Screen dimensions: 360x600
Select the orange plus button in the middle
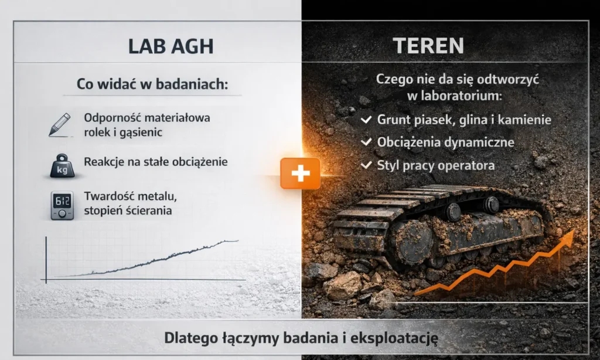point(300,173)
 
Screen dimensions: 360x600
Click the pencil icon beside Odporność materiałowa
point(60,124)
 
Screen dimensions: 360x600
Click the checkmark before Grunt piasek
point(366,120)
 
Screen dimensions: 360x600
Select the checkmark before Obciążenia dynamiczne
point(366,142)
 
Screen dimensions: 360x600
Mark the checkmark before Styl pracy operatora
point(366,165)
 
